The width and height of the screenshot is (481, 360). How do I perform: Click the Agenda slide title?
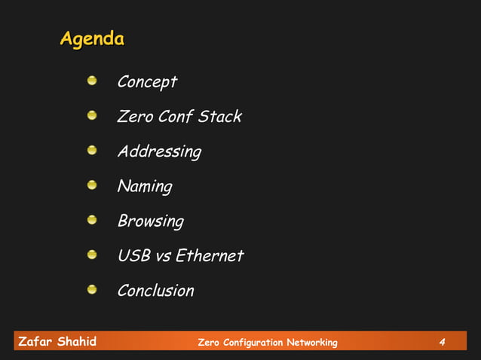coord(92,38)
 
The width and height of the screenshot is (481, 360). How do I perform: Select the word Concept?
coord(147,82)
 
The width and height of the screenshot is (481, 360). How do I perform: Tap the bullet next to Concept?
coord(92,81)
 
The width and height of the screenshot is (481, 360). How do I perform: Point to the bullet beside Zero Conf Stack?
coord(92,115)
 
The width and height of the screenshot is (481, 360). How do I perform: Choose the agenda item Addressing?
coord(159,152)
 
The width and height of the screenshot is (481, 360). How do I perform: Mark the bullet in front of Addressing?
coord(92,150)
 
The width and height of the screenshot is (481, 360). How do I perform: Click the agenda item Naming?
coord(145,187)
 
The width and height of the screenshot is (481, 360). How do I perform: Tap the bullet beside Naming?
coord(92,185)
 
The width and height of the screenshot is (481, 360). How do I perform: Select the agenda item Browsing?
coord(150,221)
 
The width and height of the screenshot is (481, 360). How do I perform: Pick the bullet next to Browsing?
coord(92,219)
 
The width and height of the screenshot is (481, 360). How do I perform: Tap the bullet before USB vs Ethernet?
coord(92,254)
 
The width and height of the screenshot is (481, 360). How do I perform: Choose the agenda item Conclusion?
coord(155,291)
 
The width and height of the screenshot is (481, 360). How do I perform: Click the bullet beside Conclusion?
coord(92,288)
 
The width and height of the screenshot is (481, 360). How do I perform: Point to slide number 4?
coord(443,343)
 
